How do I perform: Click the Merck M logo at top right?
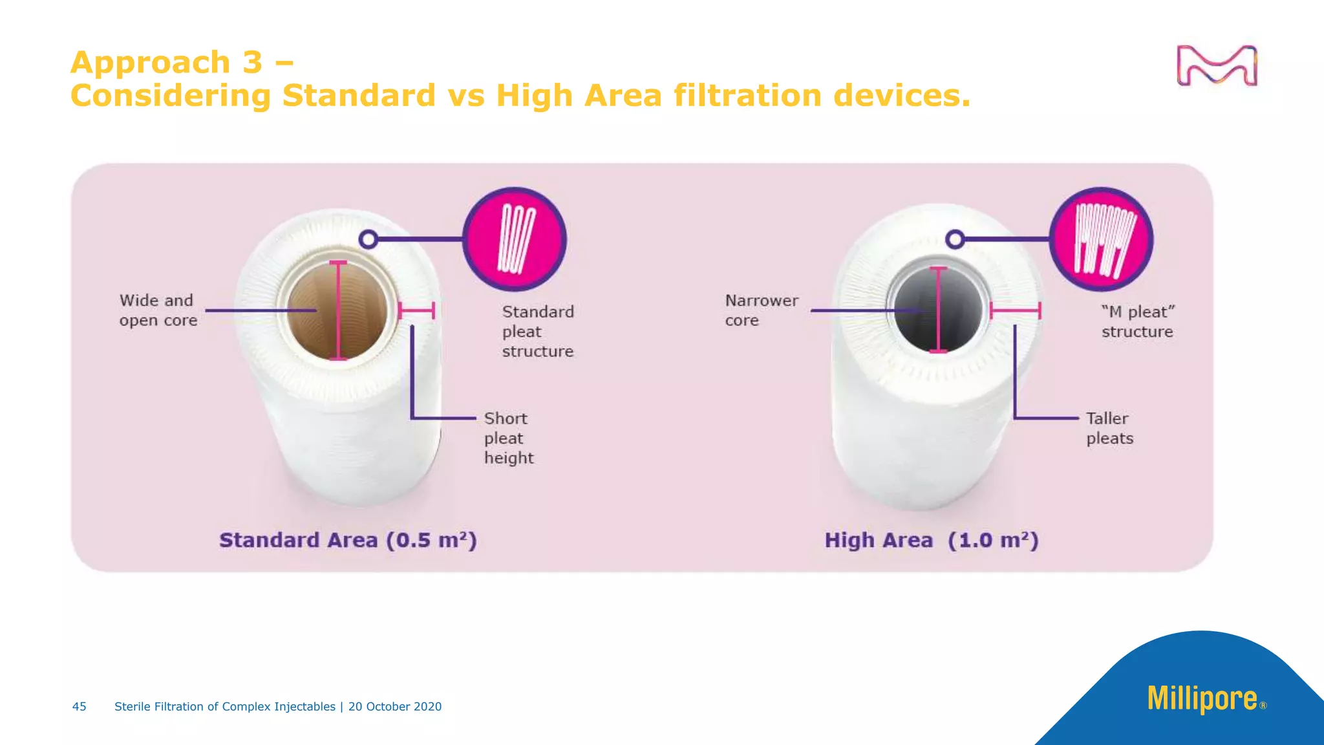click(1217, 65)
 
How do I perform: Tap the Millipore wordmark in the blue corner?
click(1202, 698)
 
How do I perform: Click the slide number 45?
click(79, 706)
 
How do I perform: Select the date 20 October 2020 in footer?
click(394, 706)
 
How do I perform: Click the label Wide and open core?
click(158, 310)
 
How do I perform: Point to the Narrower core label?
click(761, 310)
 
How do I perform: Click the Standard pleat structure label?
click(537, 331)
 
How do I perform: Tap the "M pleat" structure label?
click(1137, 321)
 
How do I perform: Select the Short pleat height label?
click(508, 438)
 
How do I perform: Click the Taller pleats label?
click(1109, 428)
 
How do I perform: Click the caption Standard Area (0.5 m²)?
click(348, 540)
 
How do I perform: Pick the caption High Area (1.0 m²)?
click(931, 540)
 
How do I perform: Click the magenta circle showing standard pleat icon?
click(515, 239)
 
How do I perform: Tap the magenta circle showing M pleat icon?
click(1101, 239)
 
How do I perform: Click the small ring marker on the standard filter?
click(368, 239)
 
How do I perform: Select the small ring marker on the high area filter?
click(955, 239)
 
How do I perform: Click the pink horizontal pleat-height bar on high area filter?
click(1015, 310)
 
